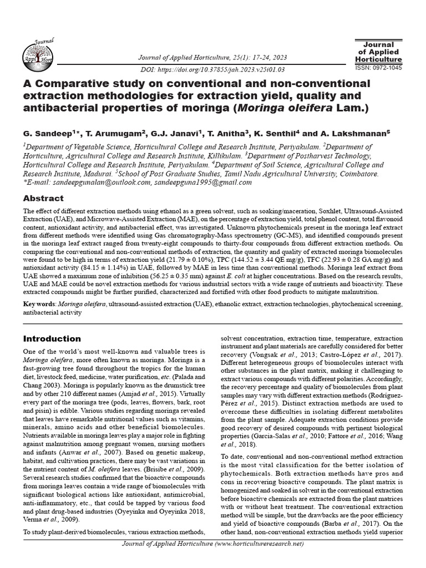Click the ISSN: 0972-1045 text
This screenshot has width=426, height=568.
378,67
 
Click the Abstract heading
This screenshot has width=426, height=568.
43,198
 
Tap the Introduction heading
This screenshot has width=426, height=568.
52,338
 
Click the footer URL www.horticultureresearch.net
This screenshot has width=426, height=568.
264,560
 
